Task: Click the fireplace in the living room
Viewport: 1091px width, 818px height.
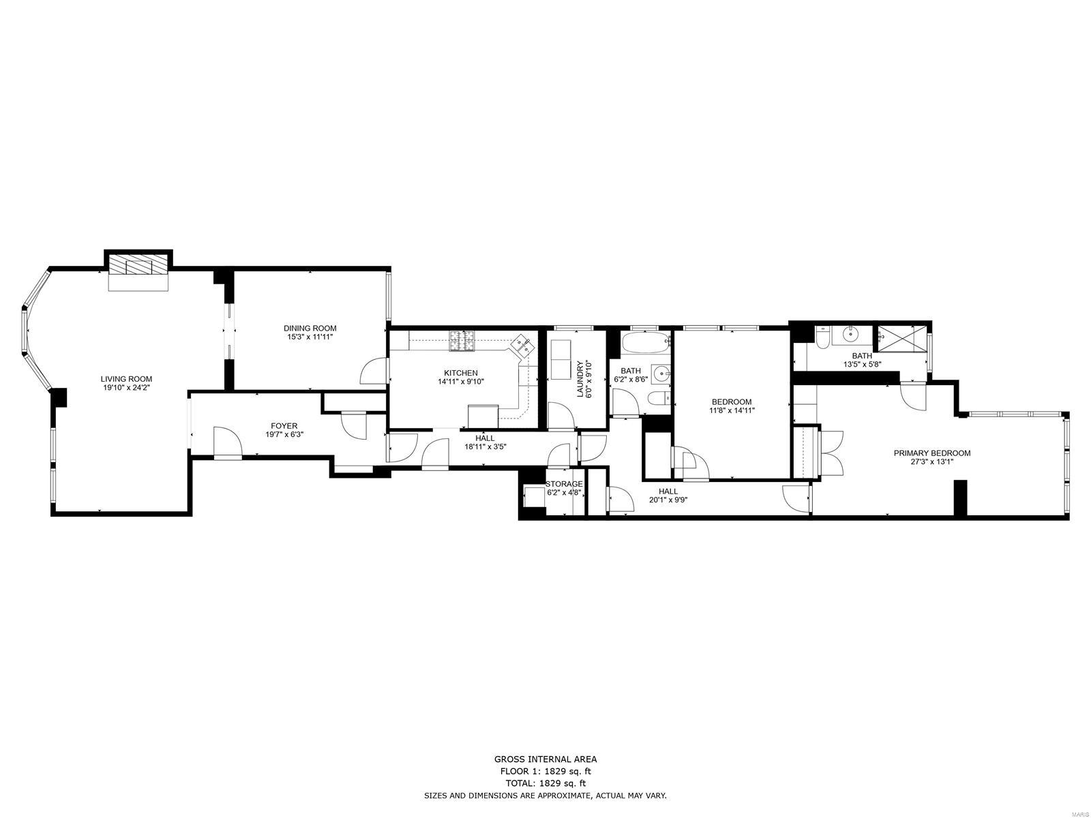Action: [x=138, y=265]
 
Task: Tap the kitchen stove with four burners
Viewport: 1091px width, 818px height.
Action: [x=462, y=341]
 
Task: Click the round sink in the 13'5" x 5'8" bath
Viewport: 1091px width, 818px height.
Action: [x=850, y=334]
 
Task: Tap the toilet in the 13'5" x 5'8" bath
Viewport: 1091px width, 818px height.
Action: [x=822, y=337]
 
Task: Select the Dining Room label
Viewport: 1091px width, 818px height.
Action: [x=310, y=328]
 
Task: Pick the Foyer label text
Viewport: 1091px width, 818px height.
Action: [x=284, y=426]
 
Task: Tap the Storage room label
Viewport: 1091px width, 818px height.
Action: [x=564, y=484]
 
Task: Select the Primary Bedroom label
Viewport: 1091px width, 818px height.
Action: [x=932, y=453]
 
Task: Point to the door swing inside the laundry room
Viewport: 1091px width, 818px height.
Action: [x=561, y=416]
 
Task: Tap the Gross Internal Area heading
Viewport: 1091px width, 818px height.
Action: [x=545, y=759]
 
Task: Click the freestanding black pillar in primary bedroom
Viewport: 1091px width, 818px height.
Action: [x=960, y=498]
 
